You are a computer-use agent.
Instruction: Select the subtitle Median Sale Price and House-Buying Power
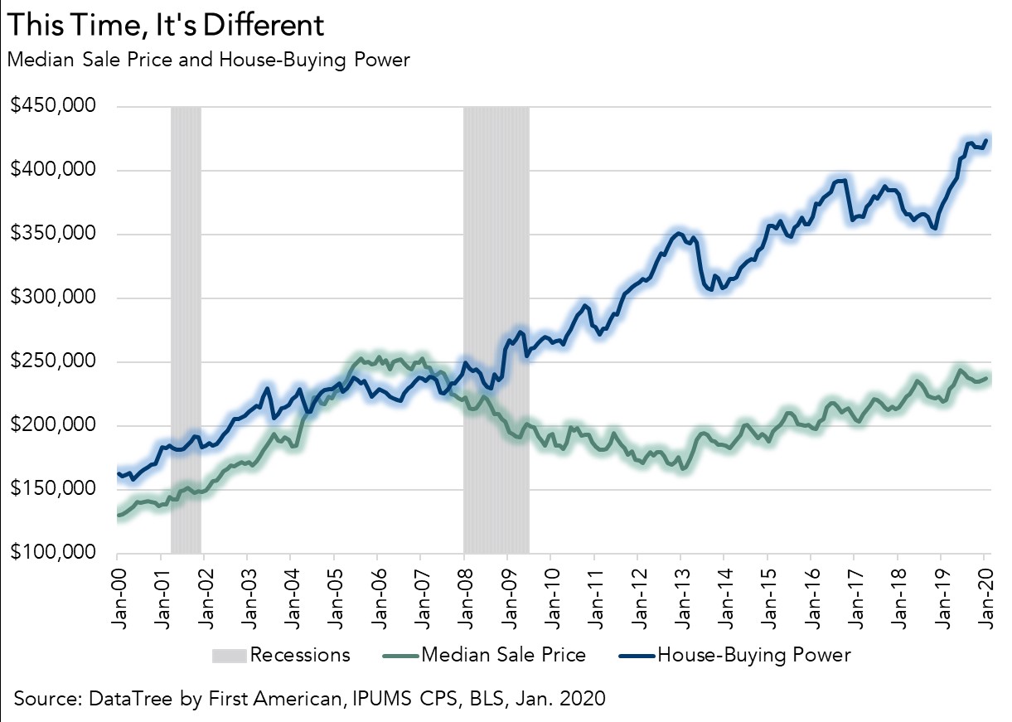[x=208, y=60]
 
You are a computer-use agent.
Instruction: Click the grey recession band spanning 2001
[x=186, y=332]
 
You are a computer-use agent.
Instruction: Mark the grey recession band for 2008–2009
[x=496, y=332]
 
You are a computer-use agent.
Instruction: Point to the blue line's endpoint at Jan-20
[x=986, y=140]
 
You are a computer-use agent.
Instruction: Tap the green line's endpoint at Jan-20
[x=986, y=377]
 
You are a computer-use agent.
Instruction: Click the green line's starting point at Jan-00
[x=118, y=516]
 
